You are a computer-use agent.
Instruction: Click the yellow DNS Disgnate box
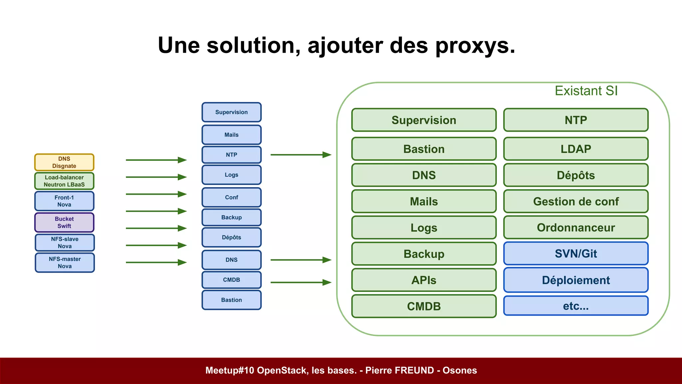tap(64, 162)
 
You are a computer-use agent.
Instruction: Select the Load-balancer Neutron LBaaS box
tap(64, 181)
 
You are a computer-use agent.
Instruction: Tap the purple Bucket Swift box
tap(64, 222)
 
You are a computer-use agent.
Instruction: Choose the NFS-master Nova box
tap(65, 263)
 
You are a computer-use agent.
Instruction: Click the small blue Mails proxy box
tap(231, 135)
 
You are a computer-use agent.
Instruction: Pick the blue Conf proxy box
tap(231, 197)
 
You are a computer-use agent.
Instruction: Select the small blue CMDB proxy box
tap(231, 280)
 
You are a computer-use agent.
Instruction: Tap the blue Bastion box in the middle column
tap(231, 300)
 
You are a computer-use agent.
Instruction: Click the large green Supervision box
tap(424, 120)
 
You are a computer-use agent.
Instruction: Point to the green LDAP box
tap(576, 149)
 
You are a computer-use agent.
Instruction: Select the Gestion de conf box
tap(576, 201)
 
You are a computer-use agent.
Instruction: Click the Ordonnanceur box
tap(576, 227)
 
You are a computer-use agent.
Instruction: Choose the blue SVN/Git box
tap(576, 254)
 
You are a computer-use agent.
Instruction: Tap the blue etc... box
tap(576, 306)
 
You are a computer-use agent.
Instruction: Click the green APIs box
tap(424, 280)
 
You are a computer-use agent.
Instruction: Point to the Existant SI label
tap(586, 91)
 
